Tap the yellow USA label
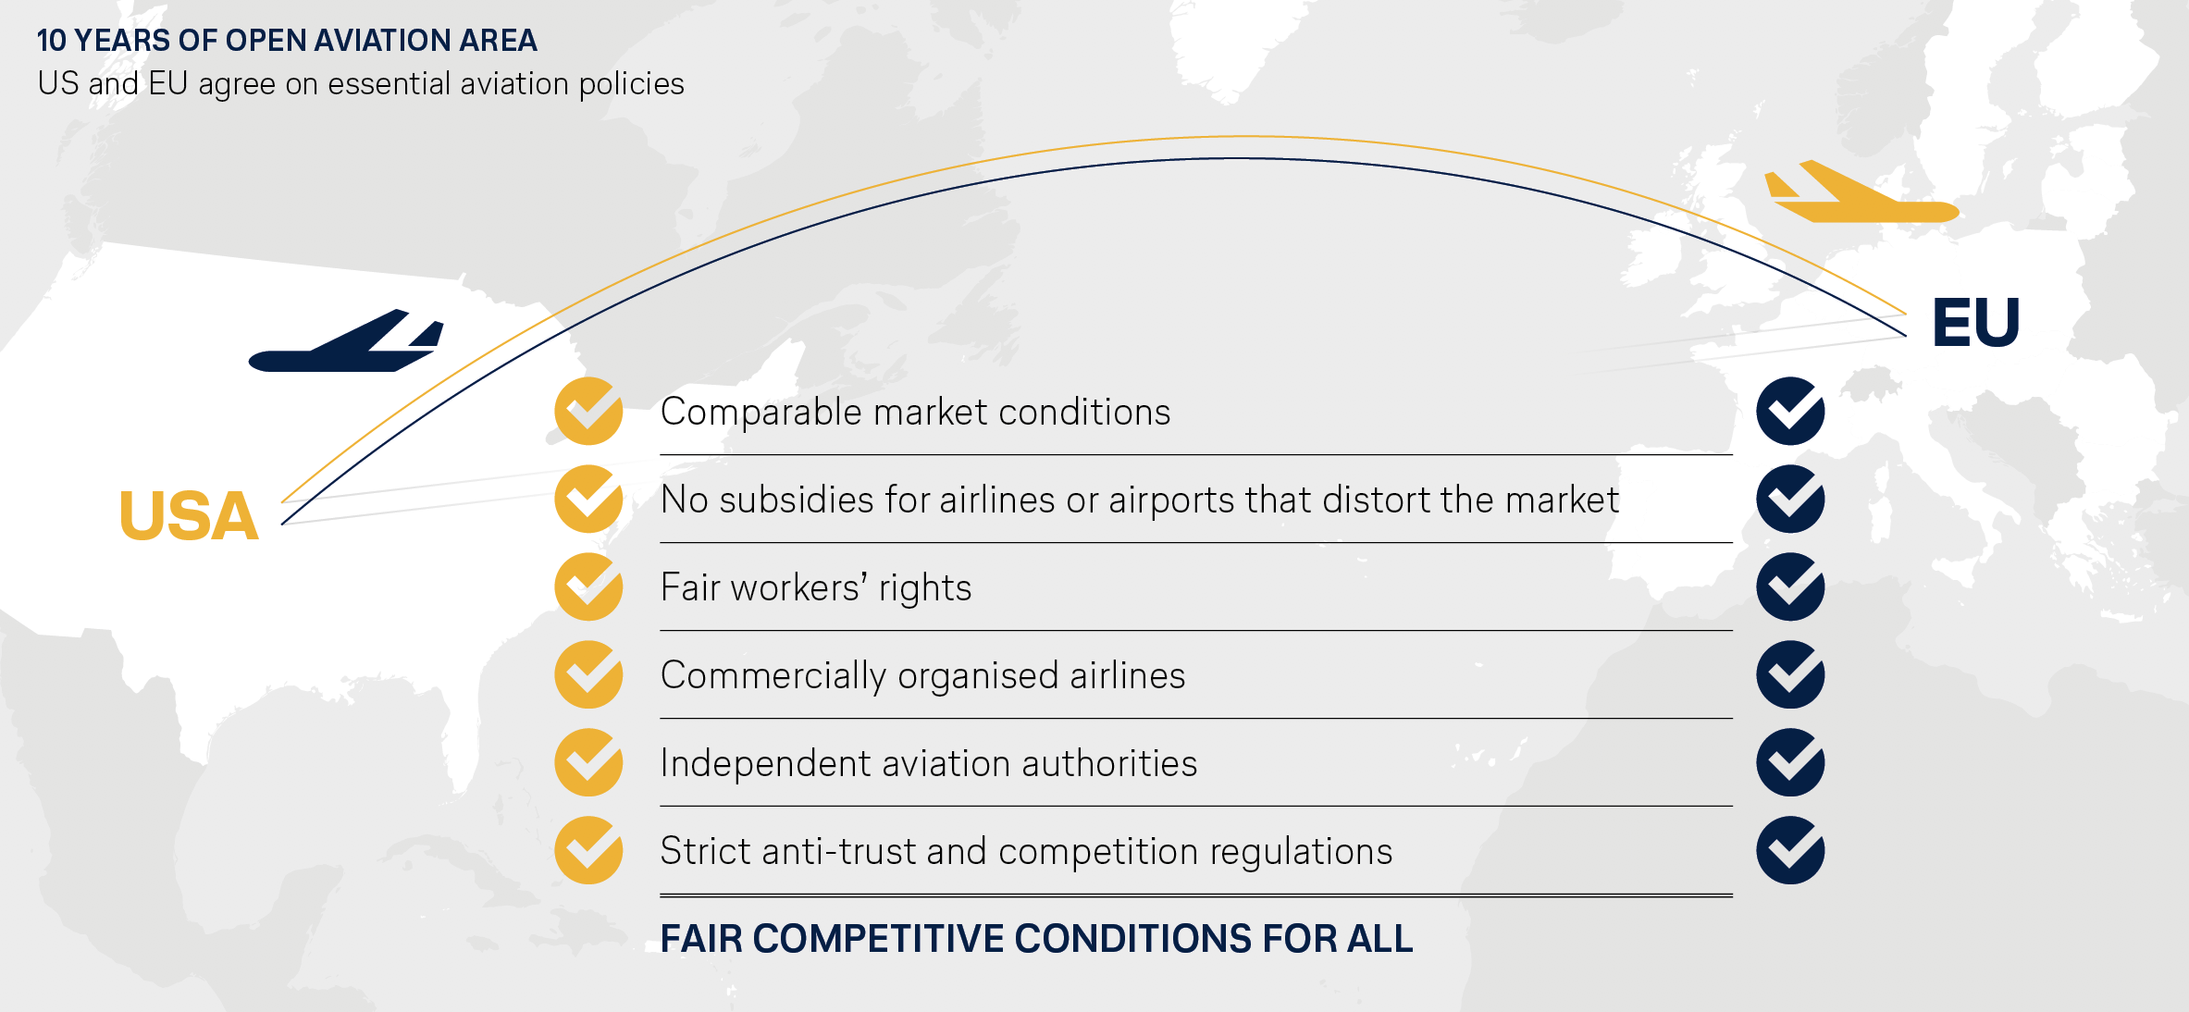189,516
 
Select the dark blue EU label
1975,323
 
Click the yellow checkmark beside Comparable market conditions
588,411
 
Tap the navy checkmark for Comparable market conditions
1790,411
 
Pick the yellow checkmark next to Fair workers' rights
588,586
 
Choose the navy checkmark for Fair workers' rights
1790,586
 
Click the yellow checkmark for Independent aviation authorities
588,762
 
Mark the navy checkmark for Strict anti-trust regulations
1790,850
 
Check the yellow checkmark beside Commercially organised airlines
588,674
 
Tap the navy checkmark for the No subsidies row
1790,499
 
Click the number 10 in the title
52,41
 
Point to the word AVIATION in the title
375,41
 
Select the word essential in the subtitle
389,84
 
